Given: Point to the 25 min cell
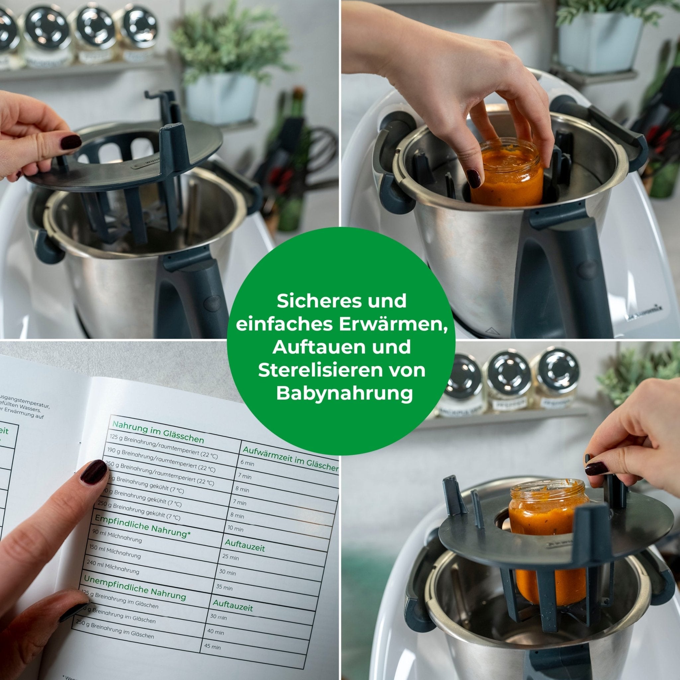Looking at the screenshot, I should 230,557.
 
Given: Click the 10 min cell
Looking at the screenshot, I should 235,529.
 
